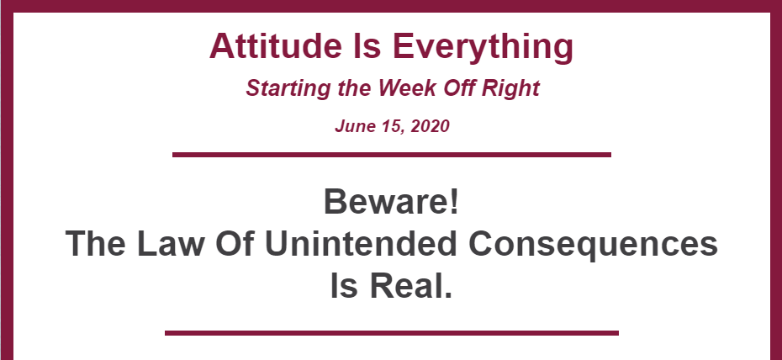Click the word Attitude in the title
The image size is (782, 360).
[x=275, y=46]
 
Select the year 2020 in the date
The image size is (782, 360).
[x=430, y=125]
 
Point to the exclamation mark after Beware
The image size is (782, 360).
[x=453, y=201]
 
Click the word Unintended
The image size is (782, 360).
[x=360, y=243]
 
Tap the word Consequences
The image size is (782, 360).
[x=594, y=246]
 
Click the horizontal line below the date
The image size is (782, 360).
[x=392, y=155]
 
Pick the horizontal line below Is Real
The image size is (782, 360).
[x=392, y=333]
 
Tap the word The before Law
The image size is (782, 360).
[x=95, y=243]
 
